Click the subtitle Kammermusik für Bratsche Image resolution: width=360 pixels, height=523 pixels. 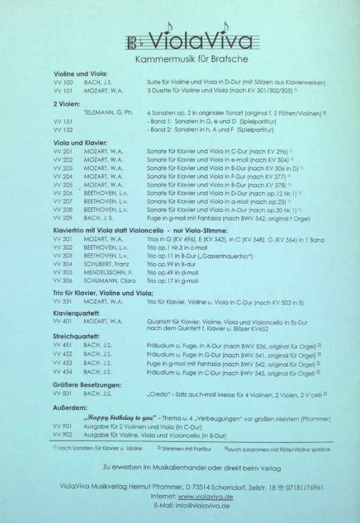pyautogui.click(x=191, y=60)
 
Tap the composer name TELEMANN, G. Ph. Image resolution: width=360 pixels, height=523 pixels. pyautogui.click(x=109, y=111)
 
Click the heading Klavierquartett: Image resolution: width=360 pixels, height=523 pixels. pyautogui.click(x=77, y=312)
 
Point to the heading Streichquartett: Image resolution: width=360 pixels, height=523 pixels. pyautogui.click(x=76, y=336)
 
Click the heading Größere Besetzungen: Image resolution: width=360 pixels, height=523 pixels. pyautogui.click(x=87, y=384)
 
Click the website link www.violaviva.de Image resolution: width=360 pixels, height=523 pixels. pyautogui.click(x=203, y=497)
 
